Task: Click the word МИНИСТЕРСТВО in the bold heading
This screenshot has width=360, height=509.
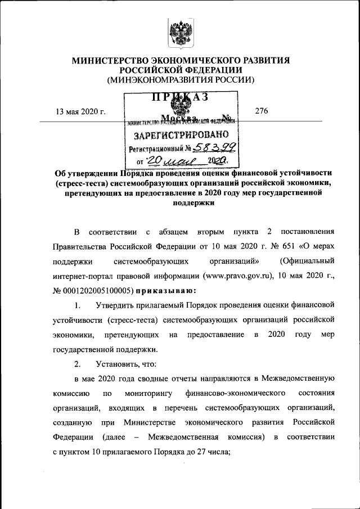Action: coord(110,60)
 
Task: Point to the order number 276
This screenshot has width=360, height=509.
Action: coord(261,111)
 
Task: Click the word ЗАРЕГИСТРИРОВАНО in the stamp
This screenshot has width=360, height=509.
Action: coord(181,136)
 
